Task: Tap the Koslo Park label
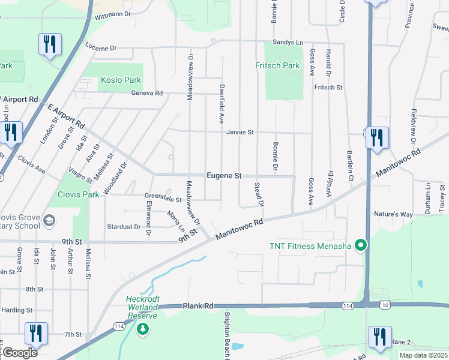click(121, 80)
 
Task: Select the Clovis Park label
click(78, 194)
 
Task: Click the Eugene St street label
click(223, 176)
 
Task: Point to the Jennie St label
click(240, 132)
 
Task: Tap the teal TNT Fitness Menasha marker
click(360, 245)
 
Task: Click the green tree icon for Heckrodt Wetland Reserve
click(142, 328)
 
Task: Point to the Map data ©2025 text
click(423, 355)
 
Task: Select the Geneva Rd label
click(147, 93)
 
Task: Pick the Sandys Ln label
click(288, 42)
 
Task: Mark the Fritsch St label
click(328, 87)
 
